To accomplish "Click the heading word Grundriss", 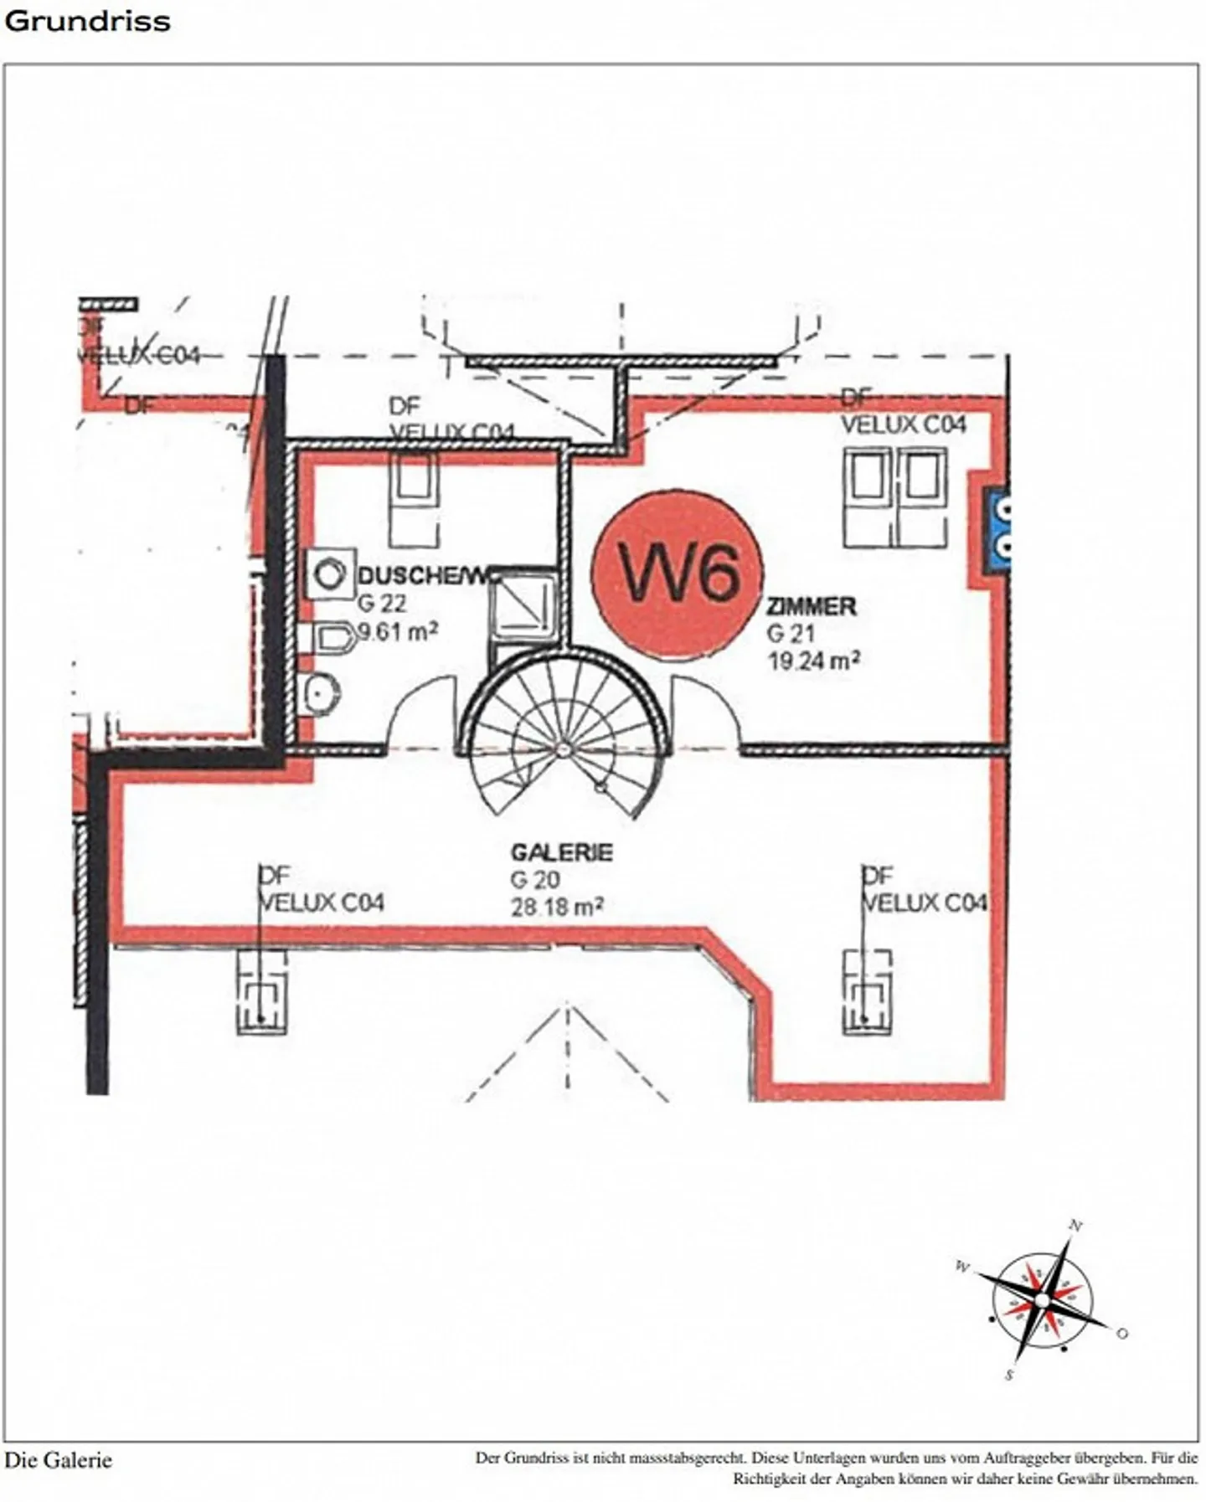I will click(x=88, y=21).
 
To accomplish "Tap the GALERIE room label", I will click(x=562, y=852).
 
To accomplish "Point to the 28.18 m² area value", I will click(x=558, y=907).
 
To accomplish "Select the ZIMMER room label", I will click(x=812, y=606).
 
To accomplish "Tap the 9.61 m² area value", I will click(x=398, y=631).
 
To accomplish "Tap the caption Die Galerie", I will click(x=58, y=1460).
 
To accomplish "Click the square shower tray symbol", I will click(x=523, y=602).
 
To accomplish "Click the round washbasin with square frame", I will click(x=331, y=574).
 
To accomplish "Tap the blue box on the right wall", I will click(x=1000, y=529).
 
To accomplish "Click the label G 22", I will click(x=382, y=604).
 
